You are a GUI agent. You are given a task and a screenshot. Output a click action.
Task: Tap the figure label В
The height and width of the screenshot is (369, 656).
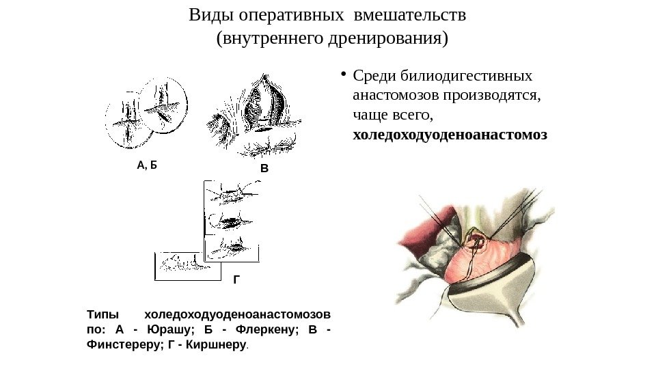[x=265, y=167]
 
